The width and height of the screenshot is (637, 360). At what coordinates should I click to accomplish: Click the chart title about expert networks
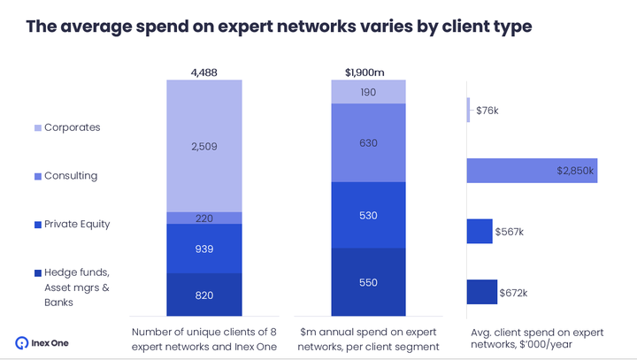[278, 27]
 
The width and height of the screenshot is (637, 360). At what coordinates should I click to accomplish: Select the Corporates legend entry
[66, 127]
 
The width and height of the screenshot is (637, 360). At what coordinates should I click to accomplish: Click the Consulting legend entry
[66, 176]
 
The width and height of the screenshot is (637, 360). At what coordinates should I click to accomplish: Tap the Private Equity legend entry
[72, 224]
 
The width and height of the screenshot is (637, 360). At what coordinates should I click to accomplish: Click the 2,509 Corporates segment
[204, 146]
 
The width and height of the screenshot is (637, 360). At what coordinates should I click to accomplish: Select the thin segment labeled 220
[204, 218]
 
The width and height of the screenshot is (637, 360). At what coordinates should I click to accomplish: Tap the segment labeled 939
[204, 249]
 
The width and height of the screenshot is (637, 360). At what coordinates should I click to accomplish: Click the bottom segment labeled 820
[204, 294]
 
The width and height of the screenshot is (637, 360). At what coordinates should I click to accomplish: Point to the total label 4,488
[204, 73]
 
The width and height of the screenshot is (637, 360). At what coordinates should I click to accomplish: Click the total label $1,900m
[368, 73]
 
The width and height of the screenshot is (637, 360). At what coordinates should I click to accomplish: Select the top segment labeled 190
[368, 91]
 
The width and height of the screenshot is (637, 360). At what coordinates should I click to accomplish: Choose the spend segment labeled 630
[368, 142]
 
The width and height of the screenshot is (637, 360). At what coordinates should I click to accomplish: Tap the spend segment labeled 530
[368, 215]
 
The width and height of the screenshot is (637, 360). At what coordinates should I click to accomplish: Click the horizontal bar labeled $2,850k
[531, 171]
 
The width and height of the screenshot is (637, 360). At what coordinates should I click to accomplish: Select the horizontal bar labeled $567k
[479, 231]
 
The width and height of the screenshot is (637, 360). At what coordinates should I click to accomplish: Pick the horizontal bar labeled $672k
[481, 292]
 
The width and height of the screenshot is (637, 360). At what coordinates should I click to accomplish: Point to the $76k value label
[487, 111]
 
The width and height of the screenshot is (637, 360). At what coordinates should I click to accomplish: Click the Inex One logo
[42, 342]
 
